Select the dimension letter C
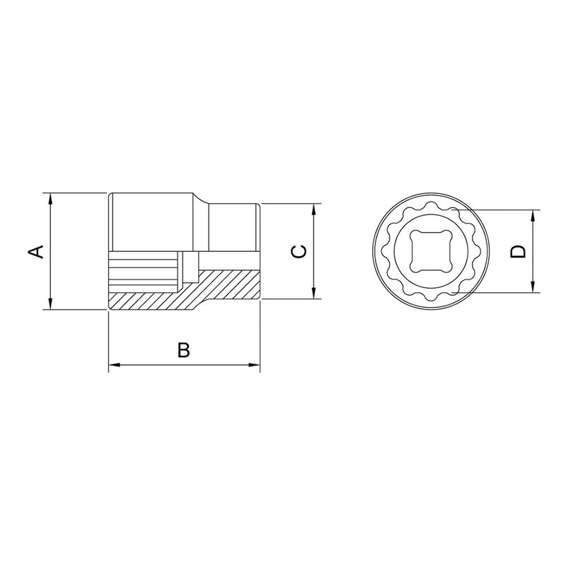pos(300,252)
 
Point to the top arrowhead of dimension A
pos(51,198)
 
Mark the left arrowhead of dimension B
pos(113,366)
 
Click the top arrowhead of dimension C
pos(314,209)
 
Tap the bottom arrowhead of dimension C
pos(314,295)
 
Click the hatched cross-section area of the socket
pos(226,287)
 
